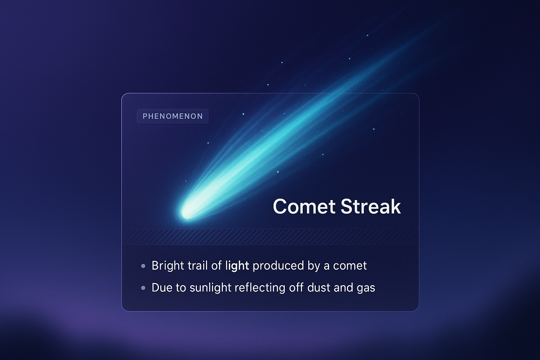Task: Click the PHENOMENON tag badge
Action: point(173,116)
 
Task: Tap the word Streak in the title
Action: point(371,206)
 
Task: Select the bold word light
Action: point(237,265)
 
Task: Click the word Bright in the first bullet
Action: point(167,265)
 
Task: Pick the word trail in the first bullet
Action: point(197,265)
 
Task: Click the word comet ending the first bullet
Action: point(350,265)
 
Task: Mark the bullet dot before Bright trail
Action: point(143,266)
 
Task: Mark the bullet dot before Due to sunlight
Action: point(143,288)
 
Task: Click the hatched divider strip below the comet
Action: point(270,237)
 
